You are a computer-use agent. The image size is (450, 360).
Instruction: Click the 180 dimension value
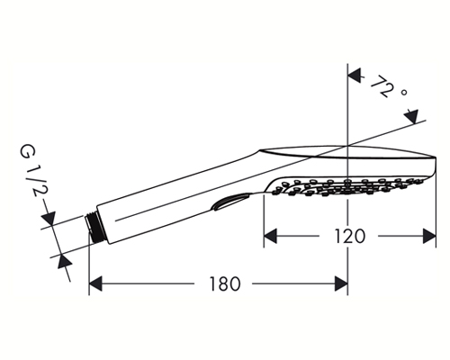pos(225,284)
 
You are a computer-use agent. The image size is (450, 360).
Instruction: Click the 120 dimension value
pos(350,236)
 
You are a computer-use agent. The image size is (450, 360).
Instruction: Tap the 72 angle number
pos(381,86)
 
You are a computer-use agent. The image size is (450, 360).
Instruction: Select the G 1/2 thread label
pos(32,171)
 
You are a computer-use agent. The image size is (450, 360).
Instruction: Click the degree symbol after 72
pos(404,92)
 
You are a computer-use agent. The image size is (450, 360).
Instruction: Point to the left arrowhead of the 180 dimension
pos(96,283)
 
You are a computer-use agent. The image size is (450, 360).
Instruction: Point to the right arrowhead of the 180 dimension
pos(341,283)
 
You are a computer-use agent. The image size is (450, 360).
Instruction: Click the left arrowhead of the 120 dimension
pos(270,236)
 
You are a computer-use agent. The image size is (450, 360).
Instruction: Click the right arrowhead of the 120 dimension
pos(429,236)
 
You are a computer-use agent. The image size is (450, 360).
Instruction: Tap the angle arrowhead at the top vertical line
pos(355,76)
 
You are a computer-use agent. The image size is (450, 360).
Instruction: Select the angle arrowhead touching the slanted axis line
pos(411,116)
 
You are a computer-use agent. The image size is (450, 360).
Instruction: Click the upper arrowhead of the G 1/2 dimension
pos(49,218)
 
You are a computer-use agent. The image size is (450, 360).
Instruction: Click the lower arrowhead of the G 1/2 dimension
pos(64,260)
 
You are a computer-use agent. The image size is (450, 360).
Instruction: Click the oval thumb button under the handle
pos(230,202)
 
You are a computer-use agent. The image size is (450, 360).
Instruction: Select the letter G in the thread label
pos(27,151)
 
